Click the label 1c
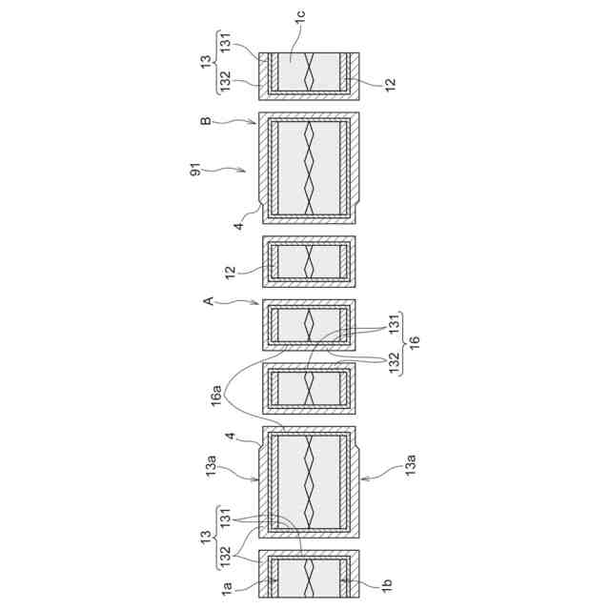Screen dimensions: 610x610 point(300,16)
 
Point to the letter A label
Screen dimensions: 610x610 point(207,301)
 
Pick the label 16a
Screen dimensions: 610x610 point(218,391)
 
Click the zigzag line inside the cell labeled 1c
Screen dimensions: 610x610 point(309,71)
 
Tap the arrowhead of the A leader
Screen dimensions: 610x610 point(260,304)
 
